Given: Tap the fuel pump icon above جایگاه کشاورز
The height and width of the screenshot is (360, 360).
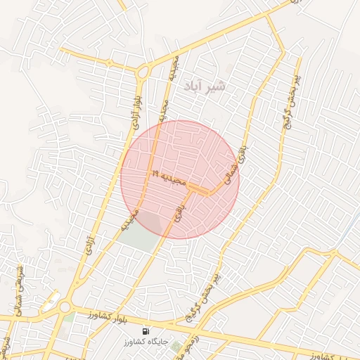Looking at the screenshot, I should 146,331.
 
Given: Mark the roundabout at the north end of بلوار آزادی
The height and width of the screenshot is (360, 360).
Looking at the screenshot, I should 143,71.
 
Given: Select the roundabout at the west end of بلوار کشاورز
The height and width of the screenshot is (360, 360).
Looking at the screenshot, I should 65,307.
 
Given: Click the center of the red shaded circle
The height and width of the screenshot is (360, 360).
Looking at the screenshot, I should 180,179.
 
